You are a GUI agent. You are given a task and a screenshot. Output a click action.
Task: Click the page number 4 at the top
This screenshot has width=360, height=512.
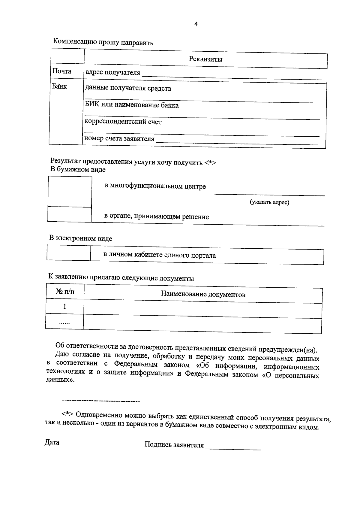pyautogui.click(x=196, y=24)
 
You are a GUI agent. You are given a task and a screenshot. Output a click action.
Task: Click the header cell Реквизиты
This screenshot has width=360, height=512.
pyautogui.click(x=205, y=59)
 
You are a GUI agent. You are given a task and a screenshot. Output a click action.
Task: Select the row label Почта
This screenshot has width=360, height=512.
pyautogui.click(x=62, y=71)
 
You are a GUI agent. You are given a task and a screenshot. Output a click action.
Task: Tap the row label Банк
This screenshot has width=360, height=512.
pyautogui.click(x=59, y=87)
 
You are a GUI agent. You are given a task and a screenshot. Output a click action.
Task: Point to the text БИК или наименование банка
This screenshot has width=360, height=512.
pyautogui.click(x=132, y=105)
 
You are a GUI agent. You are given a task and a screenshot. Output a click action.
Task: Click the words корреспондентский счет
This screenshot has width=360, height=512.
pyautogui.click(x=123, y=122)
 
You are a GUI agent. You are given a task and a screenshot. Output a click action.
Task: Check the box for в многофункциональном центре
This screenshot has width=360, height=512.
pyautogui.click(x=70, y=192)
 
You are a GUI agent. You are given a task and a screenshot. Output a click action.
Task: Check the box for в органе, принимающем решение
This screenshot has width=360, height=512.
pyautogui.click(x=69, y=214)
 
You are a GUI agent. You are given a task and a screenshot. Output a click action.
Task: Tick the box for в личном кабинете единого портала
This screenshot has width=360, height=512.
pyautogui.click(x=69, y=253)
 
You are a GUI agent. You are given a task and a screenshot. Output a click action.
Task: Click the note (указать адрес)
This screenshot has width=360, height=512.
pyautogui.click(x=269, y=202)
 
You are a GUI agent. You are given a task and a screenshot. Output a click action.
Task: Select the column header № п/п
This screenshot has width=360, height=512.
pyautogui.click(x=65, y=292)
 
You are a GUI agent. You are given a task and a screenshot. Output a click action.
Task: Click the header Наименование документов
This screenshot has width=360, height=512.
pyautogui.click(x=203, y=294)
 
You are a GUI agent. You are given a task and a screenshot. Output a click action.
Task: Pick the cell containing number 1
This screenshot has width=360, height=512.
pyautogui.click(x=64, y=306)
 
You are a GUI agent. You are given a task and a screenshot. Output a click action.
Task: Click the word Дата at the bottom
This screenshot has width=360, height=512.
pyautogui.click(x=52, y=442)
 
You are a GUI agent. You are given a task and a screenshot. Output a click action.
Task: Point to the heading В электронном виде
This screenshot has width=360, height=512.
pyautogui.click(x=81, y=238)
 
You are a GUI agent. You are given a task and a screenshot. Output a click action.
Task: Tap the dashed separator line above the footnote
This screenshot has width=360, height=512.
pyautogui.click(x=101, y=401)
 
